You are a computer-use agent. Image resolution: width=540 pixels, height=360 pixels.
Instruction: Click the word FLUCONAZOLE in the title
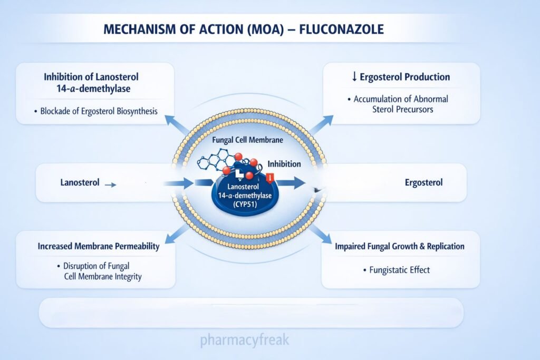click(341, 29)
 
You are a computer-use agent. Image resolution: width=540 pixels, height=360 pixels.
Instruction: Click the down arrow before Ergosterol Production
click(354, 77)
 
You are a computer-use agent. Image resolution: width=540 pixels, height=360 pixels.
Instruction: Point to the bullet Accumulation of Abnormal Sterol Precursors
click(401, 104)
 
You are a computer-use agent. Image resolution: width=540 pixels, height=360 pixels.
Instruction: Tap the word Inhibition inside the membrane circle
click(284, 164)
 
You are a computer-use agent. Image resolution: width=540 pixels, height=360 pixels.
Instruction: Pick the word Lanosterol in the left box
click(80, 183)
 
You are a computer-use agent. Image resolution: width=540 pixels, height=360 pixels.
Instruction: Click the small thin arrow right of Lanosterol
click(111, 184)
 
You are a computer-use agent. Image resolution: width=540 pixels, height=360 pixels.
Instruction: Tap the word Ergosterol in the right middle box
click(423, 183)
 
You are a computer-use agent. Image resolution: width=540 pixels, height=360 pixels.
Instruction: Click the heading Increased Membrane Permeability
click(98, 246)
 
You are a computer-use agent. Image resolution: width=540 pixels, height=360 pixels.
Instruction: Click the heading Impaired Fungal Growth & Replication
click(400, 246)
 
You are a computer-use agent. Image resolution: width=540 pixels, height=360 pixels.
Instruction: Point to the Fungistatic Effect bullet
click(396, 270)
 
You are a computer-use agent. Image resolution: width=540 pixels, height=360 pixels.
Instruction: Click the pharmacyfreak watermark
click(245, 340)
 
